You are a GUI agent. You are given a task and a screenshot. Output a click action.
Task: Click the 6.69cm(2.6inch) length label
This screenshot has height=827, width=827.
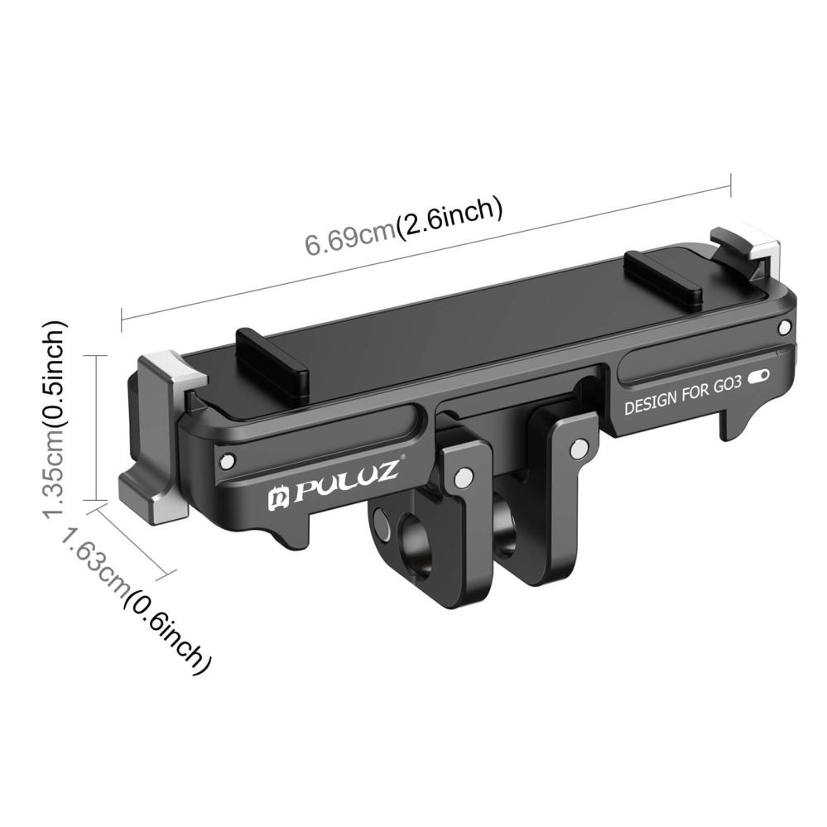[403, 226]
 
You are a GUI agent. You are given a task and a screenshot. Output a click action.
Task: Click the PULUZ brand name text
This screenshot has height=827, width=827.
[348, 480]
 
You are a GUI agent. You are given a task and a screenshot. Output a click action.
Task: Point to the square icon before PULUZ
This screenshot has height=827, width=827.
[277, 498]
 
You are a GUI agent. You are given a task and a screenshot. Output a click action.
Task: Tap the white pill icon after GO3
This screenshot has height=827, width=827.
[758, 377]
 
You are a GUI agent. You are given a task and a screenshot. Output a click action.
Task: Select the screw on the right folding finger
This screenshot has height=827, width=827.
[579, 448]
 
